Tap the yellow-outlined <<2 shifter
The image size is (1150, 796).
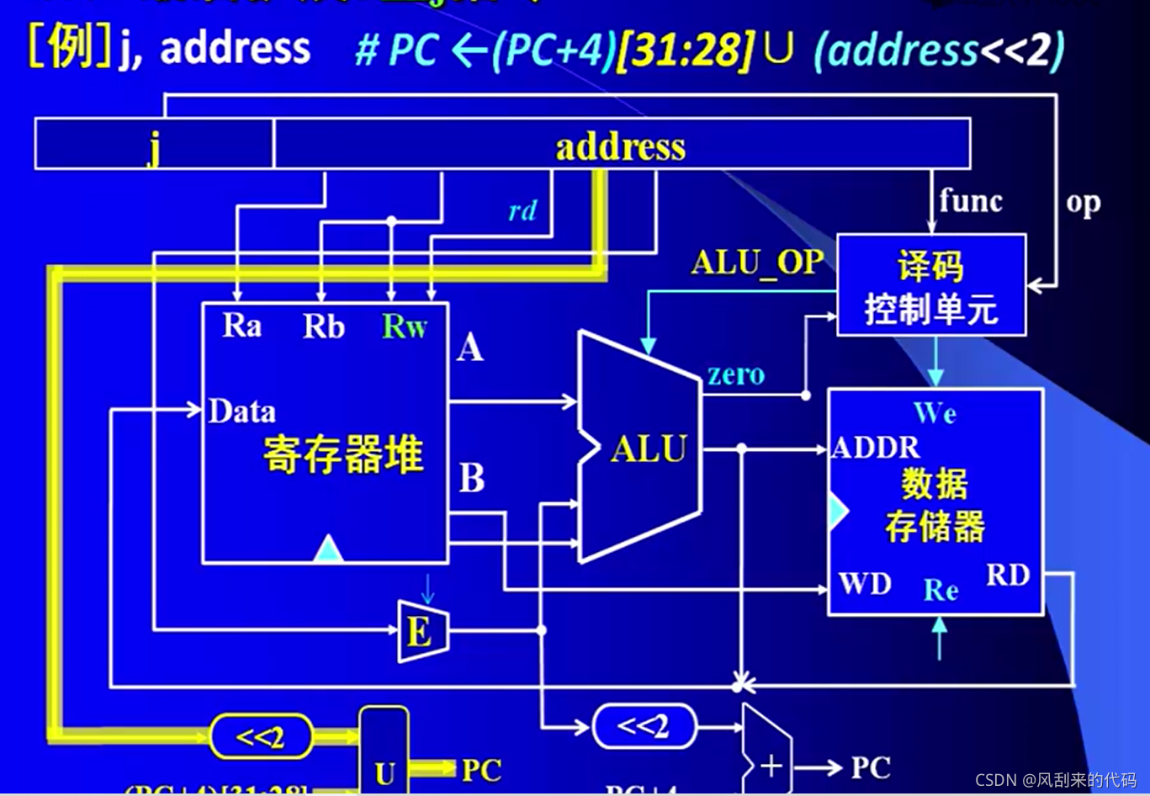pos(261,737)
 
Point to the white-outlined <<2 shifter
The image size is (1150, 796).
pos(644,725)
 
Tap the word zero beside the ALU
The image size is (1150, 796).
pos(736,374)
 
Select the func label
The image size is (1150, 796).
pos(971,201)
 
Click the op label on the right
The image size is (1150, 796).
pos(1083,203)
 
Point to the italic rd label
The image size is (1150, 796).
pos(522,211)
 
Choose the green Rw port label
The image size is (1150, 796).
pos(405,326)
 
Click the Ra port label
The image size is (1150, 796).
pos(241,326)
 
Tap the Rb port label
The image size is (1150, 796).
pos(324,326)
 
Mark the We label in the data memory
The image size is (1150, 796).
pos(935,413)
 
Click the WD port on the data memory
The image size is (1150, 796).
pos(865,583)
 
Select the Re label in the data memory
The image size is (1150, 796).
pos(941,590)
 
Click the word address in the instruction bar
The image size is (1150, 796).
pos(621,147)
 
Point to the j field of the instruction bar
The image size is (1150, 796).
pos(154,146)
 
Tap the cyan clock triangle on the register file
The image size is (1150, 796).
pos(328,549)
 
